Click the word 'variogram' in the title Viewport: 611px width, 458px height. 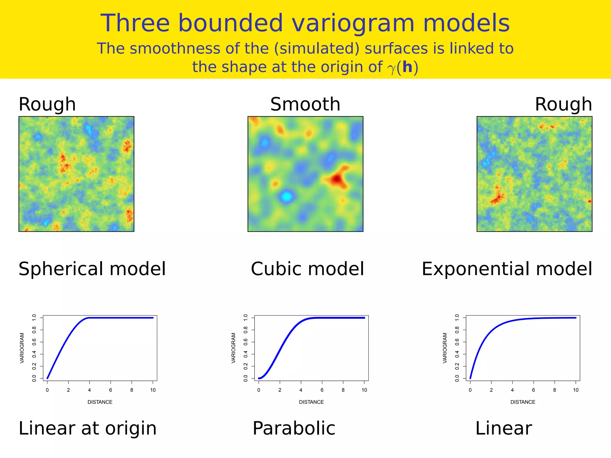(353, 24)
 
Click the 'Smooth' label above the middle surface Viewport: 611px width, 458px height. (305, 104)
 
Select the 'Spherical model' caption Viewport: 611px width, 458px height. (92, 269)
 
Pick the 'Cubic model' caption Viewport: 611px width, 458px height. (307, 269)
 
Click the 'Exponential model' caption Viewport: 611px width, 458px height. (507, 269)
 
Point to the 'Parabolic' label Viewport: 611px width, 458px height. (294, 428)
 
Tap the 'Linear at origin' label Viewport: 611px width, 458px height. (87, 428)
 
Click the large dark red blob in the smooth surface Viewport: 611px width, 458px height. (337, 179)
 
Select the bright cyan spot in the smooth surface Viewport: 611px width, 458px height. (286, 196)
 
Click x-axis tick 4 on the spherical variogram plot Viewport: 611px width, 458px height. (90, 390)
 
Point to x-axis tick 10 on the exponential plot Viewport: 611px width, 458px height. (575, 390)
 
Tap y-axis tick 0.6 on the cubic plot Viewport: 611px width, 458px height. (246, 342)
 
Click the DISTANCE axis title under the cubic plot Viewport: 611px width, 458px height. (311, 402)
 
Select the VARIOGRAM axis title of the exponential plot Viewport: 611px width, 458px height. (445, 348)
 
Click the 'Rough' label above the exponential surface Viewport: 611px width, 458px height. (563, 104)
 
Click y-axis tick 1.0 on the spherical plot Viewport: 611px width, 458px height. (34, 318)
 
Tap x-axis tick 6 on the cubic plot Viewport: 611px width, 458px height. (322, 390)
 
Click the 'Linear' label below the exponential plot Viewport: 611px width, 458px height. (503, 428)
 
